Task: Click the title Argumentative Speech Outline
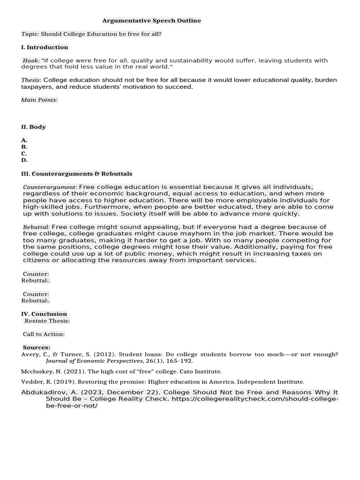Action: (x=152, y=21)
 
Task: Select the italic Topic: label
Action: (x=30, y=34)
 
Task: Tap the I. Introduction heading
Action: (x=45, y=47)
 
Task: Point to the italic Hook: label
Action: (x=31, y=60)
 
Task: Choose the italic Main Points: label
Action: (x=39, y=100)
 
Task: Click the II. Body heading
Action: (x=33, y=127)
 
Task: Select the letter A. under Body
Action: (x=24, y=140)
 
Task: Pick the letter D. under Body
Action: (x=24, y=160)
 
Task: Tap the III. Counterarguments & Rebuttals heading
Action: (x=77, y=173)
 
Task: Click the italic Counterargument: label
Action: (x=50, y=187)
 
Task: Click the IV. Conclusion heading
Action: (x=44, y=314)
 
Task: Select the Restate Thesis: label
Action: (x=47, y=321)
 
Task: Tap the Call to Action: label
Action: (x=44, y=334)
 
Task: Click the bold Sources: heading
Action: (x=37, y=347)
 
